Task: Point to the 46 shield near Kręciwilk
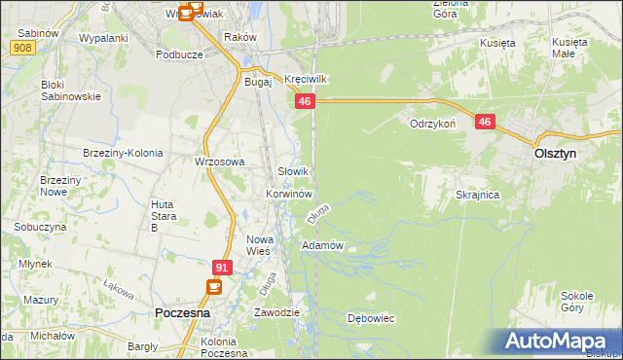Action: tap(306, 101)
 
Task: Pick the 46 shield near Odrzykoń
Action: tap(486, 122)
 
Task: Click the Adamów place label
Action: tap(323, 245)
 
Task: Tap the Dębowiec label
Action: tap(370, 318)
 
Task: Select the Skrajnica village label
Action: tap(477, 195)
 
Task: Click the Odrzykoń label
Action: tap(433, 125)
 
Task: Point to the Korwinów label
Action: tap(288, 194)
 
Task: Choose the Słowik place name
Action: tap(294, 171)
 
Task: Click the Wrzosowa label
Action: tap(219, 162)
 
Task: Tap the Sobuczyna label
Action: tap(40, 226)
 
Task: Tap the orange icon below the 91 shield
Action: tap(214, 287)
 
